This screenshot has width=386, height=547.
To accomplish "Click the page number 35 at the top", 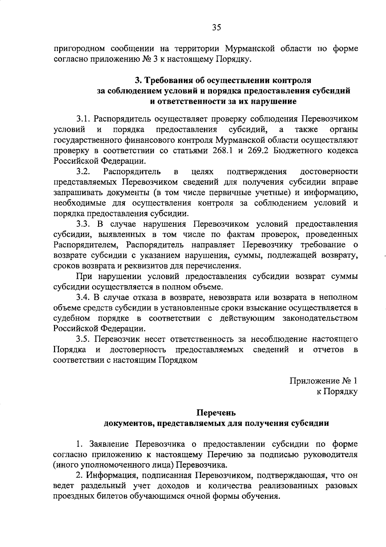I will pyautogui.click(x=216, y=28).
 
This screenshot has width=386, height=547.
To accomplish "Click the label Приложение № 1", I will pyautogui.click(x=324, y=381).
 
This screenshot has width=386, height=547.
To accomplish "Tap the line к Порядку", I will pyautogui.click(x=337, y=392).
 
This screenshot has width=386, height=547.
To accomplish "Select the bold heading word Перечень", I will pyautogui.click(x=216, y=413).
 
